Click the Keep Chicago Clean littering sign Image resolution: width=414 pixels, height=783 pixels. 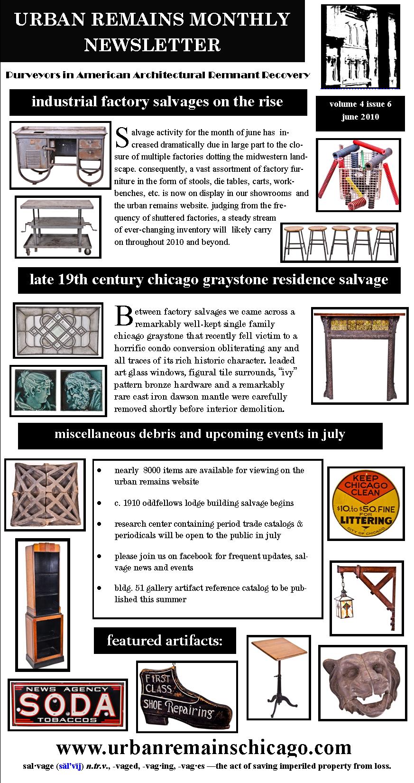pyautogui.click(x=366, y=503)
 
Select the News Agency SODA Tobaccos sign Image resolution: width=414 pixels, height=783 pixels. pyautogui.click(x=67, y=705)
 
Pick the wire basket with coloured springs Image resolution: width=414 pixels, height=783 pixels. pyautogui.click(x=359, y=174)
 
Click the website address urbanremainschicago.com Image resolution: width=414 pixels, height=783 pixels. pyautogui.click(x=204, y=748)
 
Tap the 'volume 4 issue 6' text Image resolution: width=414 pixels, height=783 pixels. pyautogui.click(x=360, y=104)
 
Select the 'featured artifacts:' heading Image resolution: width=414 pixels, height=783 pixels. pyautogui.click(x=165, y=641)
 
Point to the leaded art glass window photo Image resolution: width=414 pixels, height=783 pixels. pyautogui.click(x=58, y=330)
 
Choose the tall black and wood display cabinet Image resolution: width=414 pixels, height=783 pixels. pyautogui.click(x=43, y=605)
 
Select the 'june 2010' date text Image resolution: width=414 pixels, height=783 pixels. pyautogui.click(x=360, y=117)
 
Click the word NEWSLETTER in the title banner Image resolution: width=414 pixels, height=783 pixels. pyautogui.click(x=152, y=45)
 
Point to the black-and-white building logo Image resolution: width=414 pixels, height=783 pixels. pyautogui.click(x=360, y=46)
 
